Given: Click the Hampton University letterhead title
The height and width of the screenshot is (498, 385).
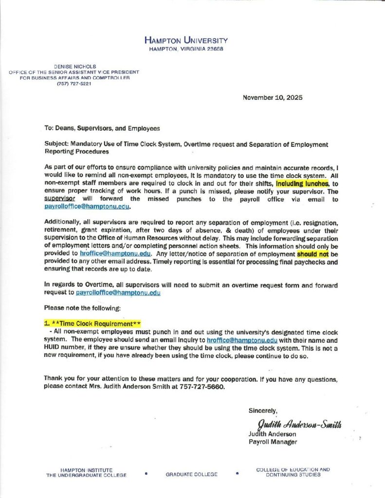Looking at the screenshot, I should pyautogui.click(x=185, y=40).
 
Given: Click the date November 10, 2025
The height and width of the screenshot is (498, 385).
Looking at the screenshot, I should pyautogui.click(x=272, y=97).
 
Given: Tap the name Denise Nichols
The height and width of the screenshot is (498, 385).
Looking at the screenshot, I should pyautogui.click(x=74, y=66).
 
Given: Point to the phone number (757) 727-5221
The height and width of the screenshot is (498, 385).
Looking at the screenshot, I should pyautogui.click(x=74, y=84).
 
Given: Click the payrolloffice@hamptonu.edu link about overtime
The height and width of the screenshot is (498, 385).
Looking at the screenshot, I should pyautogui.click(x=118, y=293).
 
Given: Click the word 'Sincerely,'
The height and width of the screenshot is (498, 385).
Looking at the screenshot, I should pyautogui.click(x=263, y=410).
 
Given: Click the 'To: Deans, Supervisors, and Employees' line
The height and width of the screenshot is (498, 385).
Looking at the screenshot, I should pyautogui.click(x=102, y=128).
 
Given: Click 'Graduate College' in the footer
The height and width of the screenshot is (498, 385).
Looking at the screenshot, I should pyautogui.click(x=191, y=474).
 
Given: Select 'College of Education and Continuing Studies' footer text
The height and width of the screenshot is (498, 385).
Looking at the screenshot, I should pyautogui.click(x=293, y=472).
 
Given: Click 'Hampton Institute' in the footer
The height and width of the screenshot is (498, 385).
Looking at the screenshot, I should pyautogui.click(x=87, y=470).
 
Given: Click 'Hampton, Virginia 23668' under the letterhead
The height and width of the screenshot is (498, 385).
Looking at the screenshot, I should pyautogui.click(x=185, y=49).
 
